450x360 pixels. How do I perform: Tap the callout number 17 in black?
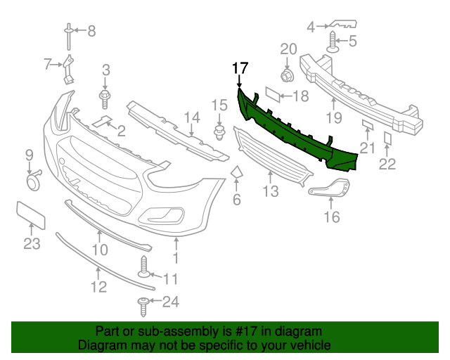point(240,68)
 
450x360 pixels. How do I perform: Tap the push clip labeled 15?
point(219,132)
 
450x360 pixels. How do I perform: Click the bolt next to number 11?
point(146,269)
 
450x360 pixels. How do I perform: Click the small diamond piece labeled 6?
point(236,172)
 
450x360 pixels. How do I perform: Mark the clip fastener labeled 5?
point(333,46)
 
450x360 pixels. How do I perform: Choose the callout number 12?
point(98,286)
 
